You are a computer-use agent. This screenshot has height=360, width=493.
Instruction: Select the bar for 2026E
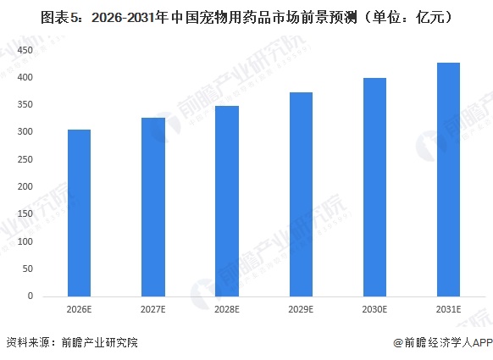pyautogui.click(x=79, y=213)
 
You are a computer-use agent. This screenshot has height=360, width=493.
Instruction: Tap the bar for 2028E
pyautogui.click(x=226, y=201)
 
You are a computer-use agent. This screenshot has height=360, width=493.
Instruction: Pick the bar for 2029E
pyautogui.click(x=300, y=194)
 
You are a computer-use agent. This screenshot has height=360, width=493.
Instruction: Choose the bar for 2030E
pyautogui.click(x=374, y=187)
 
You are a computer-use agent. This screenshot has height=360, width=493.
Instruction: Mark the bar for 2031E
pyautogui.click(x=447, y=180)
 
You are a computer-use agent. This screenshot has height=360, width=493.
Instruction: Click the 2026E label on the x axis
pyautogui.click(x=79, y=310)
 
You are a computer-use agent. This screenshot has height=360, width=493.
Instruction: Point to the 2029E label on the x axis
pyautogui.click(x=300, y=310)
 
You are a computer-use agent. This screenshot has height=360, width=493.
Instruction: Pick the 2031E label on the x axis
pyautogui.click(x=447, y=310)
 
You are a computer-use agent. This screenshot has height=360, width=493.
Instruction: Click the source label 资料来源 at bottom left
pyautogui.click(x=25, y=343)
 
